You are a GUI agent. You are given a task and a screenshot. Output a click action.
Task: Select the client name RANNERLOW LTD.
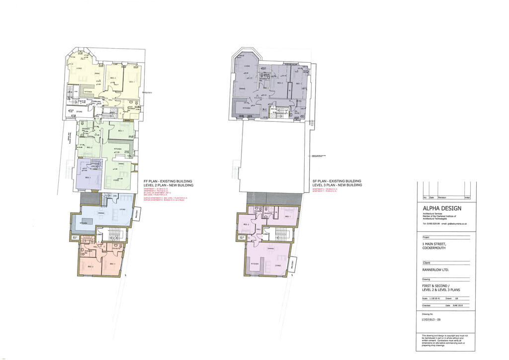435,270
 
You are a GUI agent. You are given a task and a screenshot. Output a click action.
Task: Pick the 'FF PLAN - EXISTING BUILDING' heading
168,181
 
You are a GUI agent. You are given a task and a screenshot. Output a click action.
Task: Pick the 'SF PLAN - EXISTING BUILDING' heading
337,181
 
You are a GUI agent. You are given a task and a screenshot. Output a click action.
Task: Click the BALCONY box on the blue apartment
138,212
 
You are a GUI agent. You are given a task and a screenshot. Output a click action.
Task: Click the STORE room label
79,112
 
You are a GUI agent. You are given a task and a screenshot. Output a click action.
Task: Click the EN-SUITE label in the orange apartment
117,248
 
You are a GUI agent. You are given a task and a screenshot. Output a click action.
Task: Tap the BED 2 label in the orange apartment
90,267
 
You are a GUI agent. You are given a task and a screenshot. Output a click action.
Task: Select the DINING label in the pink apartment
271,248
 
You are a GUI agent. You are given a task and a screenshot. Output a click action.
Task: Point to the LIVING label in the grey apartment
247,65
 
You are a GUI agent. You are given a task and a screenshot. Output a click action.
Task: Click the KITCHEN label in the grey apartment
246,108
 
